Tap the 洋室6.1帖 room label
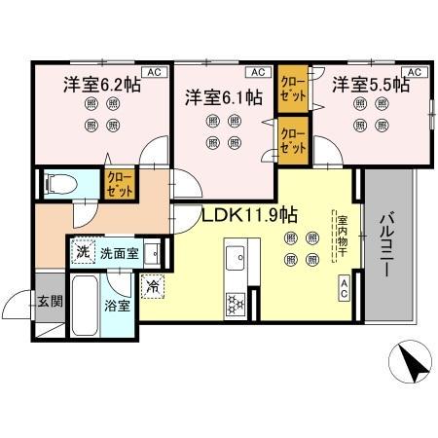tap(224, 96)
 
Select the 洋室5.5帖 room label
tap(371, 86)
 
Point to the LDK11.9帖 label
tap(249, 215)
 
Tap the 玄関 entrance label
tap(50, 301)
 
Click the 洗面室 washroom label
tap(120, 250)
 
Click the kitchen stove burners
tap(237, 304)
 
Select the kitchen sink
tap(236, 261)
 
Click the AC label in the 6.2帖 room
tap(152, 71)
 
